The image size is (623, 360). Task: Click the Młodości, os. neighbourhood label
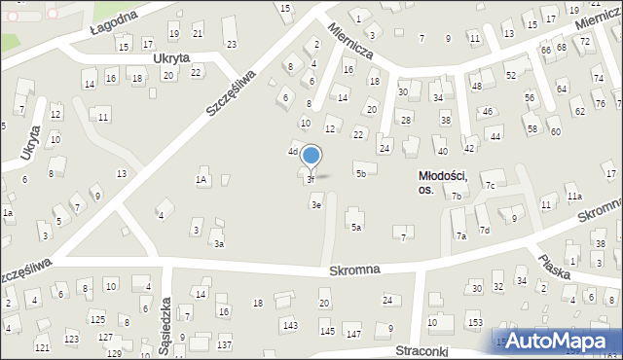[443, 182]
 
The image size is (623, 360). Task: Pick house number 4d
[292, 152]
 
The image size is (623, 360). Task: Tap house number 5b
[360, 173]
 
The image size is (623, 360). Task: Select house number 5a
[356, 228]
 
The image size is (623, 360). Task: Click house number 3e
[315, 204]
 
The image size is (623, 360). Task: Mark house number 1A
[202, 179]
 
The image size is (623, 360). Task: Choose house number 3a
[220, 243]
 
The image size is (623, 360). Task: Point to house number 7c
[491, 186]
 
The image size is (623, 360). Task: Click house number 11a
[575, 197]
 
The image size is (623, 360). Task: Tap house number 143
[289, 324]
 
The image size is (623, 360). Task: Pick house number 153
[474, 322]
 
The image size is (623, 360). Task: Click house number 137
[224, 345]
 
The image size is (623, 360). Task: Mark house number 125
[97, 319]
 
